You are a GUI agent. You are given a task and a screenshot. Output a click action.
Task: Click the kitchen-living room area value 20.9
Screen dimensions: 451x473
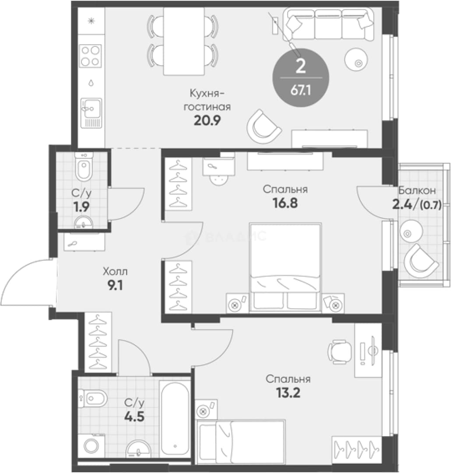coord(207,120)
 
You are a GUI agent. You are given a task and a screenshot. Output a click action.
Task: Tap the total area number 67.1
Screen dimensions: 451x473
coord(300,90)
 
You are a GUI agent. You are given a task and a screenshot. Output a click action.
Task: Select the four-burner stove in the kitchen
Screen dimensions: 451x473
coord(91,56)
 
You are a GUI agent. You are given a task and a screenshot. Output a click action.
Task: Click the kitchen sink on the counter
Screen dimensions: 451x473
coord(91,113)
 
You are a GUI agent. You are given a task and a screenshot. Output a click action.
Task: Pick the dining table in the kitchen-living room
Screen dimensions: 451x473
coord(183,41)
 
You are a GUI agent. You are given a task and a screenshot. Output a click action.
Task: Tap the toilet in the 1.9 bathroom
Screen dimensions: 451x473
coord(84,166)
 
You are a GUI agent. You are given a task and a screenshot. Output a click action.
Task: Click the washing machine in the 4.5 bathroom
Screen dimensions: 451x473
coord(91,445)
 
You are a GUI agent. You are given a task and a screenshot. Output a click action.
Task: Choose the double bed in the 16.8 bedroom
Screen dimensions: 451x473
coord(285,267)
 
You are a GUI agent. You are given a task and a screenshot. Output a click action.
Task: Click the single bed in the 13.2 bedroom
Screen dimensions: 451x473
coord(241,439)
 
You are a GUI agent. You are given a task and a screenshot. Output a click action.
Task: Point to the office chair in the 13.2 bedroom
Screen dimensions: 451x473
coord(340,351)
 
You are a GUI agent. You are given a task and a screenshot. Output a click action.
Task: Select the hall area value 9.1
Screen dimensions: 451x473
coord(115,285)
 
